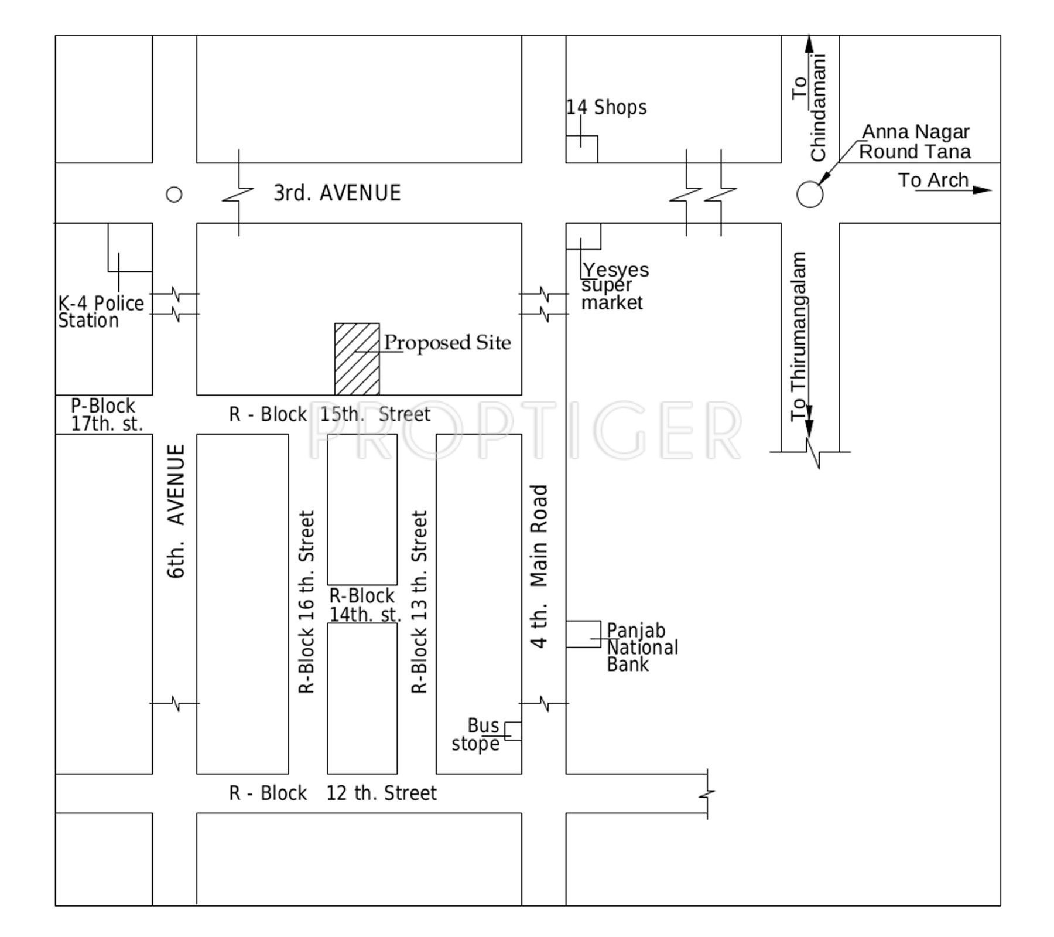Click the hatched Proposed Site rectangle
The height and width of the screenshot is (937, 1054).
(357, 359)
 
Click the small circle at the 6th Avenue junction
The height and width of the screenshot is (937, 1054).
(174, 195)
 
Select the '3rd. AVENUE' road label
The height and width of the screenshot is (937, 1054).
(337, 193)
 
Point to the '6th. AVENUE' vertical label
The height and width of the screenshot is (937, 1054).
(176, 511)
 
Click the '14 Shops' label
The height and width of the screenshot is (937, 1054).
(607, 107)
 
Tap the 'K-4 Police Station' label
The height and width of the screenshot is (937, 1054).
(101, 312)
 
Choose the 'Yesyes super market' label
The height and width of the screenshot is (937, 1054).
(615, 285)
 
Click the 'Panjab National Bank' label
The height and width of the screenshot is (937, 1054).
(642, 647)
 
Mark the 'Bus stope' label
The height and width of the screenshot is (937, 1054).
(476, 734)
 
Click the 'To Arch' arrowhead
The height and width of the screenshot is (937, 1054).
(982, 190)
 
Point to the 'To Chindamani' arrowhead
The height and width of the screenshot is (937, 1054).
(810, 44)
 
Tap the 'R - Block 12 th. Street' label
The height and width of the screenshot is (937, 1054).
(333, 793)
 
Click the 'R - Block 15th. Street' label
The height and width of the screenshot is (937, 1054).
(330, 414)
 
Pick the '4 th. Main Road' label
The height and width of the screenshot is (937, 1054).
(539, 566)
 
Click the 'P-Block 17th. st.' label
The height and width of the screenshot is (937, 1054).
(106, 415)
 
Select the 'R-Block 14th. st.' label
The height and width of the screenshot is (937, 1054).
(365, 605)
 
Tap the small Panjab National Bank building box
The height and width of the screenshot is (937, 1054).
(583, 634)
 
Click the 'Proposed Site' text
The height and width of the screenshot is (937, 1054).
(447, 343)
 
